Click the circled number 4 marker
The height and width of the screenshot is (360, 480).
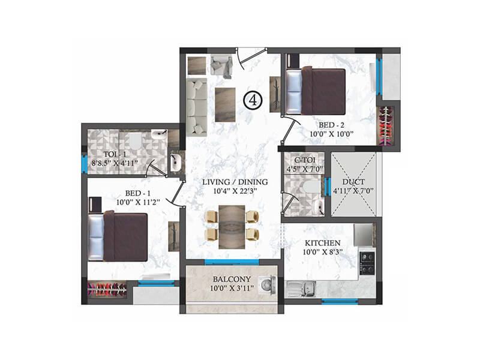(253, 101)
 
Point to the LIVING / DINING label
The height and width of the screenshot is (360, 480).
(235, 182)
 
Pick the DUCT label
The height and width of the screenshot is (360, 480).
(353, 182)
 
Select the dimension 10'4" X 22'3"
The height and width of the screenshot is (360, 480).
(235, 192)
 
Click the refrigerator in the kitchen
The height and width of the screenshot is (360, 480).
(364, 235)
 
